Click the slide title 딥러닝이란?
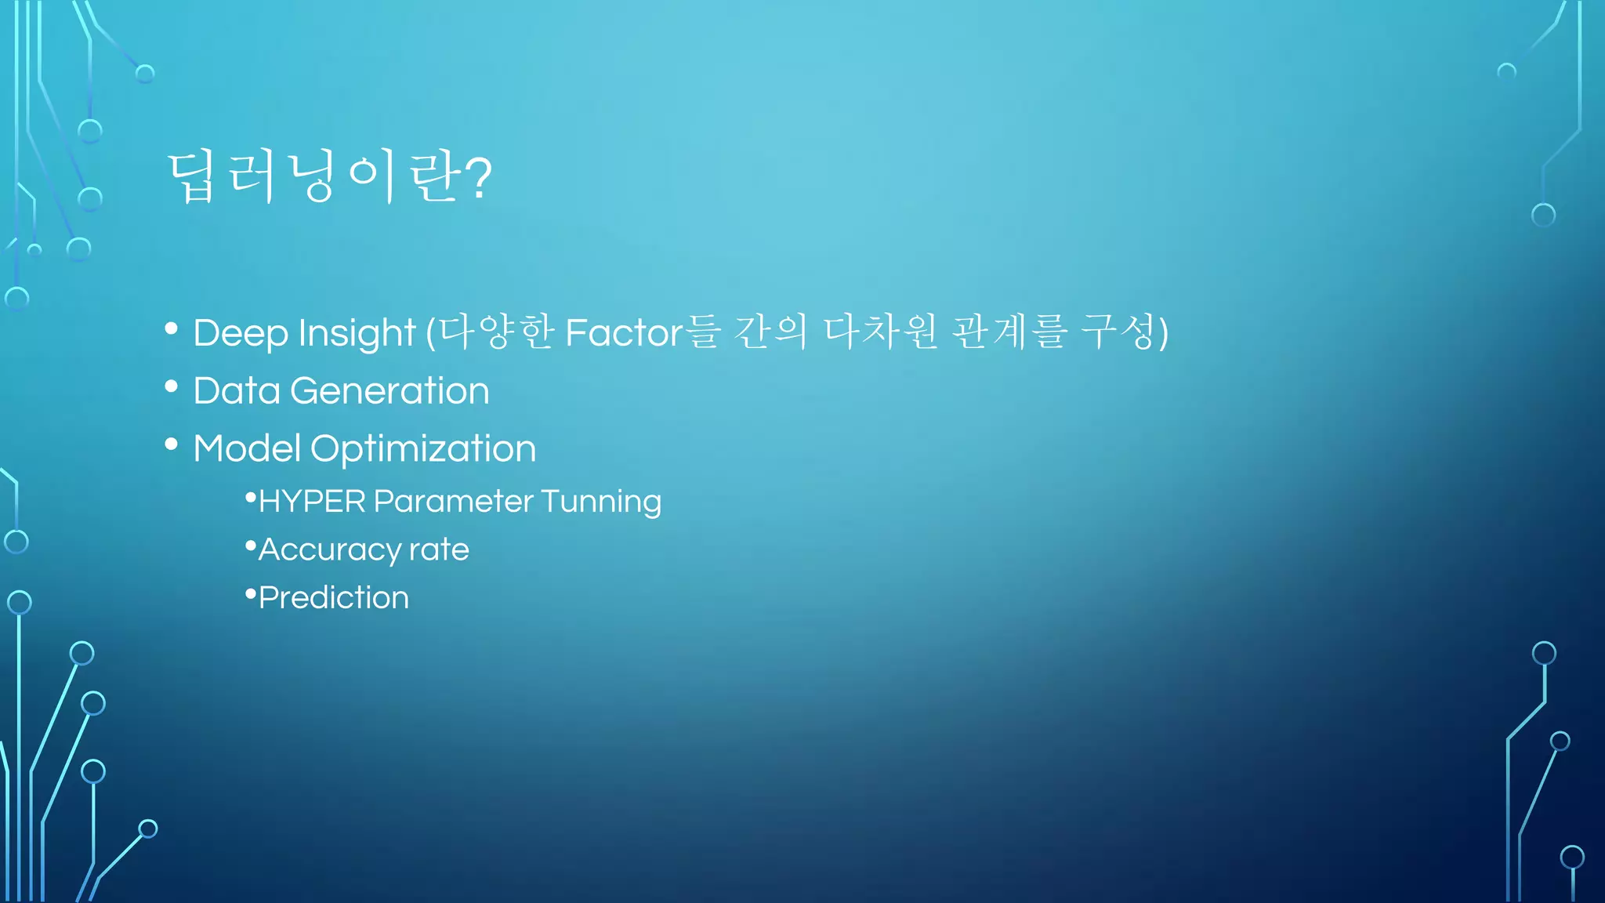coord(329,178)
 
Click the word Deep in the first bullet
coord(241,333)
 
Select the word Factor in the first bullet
coord(624,332)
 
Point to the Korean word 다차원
coord(880,332)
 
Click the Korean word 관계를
coord(1009,332)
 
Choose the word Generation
coord(389,390)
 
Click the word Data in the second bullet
coord(237,390)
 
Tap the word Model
coord(247,448)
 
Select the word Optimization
coord(423,449)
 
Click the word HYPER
coord(312,502)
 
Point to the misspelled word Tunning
coord(601,502)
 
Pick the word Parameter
coord(454,502)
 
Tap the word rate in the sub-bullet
coord(439,549)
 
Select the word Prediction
coord(334,598)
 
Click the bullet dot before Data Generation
coord(172,386)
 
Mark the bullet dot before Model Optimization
coord(172,444)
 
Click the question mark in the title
coord(478,178)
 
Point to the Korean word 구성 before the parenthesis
coord(1118,332)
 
